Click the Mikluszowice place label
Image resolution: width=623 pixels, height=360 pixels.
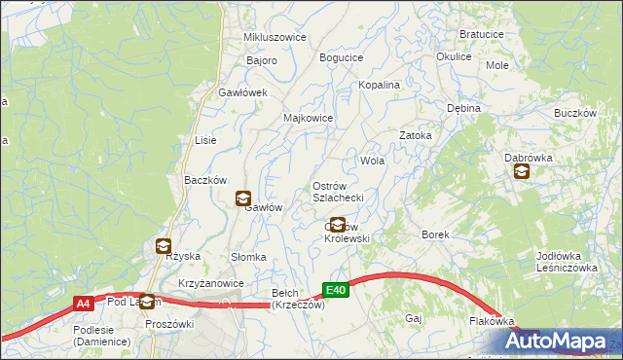tap(275, 37)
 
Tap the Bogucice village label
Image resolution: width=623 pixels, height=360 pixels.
tap(341, 57)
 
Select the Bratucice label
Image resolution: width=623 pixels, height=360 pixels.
tap(481, 33)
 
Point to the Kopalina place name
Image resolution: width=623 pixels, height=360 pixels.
tap(379, 85)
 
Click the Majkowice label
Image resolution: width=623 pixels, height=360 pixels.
tap(308, 118)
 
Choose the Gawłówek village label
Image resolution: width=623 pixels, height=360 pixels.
tap(242, 92)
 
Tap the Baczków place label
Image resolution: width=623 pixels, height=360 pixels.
tap(205, 180)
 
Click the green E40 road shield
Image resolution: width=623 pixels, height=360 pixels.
tap(335, 289)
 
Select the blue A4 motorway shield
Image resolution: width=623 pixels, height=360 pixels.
tap(84, 304)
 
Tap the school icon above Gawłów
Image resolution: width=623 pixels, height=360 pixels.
tap(241, 198)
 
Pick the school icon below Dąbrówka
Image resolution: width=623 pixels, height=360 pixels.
tap(522, 172)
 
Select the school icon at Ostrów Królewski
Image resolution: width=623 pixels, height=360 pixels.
tap(338, 225)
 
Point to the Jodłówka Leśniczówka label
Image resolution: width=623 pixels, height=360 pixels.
tap(566, 262)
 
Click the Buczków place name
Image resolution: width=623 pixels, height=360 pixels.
tap(574, 113)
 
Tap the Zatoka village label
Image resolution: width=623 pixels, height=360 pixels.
tap(416, 135)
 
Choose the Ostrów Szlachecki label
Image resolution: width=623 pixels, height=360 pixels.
tap(337, 192)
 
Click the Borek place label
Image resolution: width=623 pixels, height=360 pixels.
tap(434, 234)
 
